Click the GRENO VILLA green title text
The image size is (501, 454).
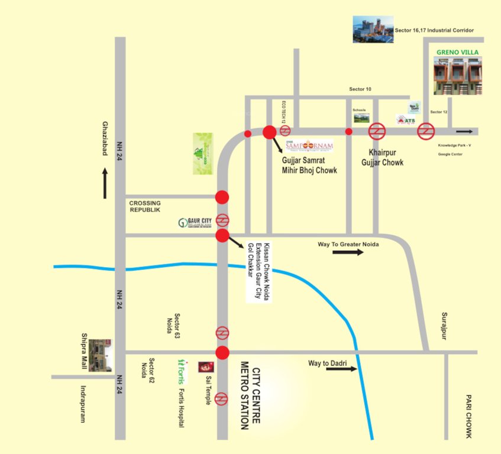coord(457,52)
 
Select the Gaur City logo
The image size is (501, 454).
coord(196,223)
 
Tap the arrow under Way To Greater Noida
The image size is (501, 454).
coord(347,252)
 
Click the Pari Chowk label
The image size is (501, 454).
coord(468,416)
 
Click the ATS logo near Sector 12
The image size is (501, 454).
coord(407,121)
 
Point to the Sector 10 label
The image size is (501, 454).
coord(360,89)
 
